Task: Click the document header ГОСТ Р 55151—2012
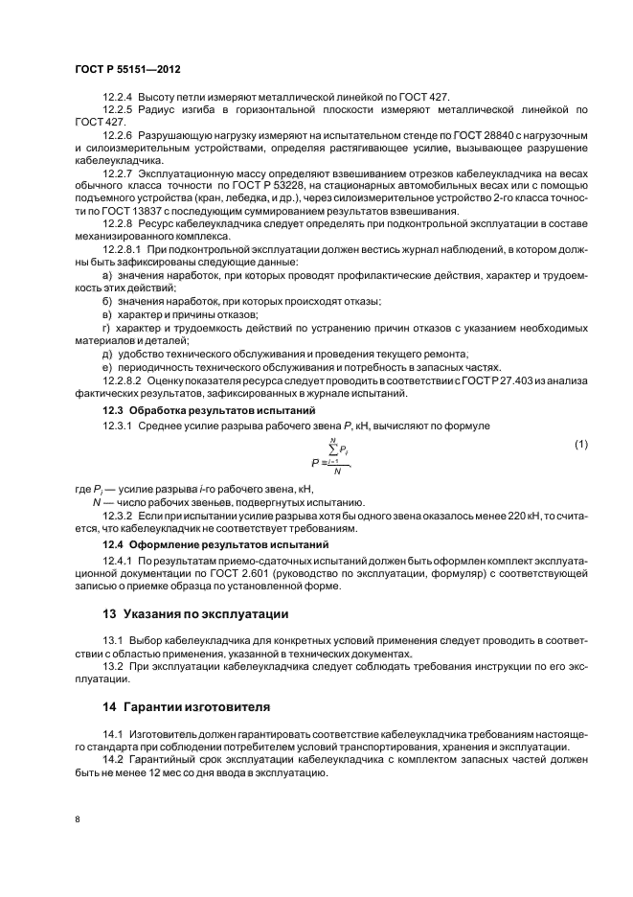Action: [x=127, y=71]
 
